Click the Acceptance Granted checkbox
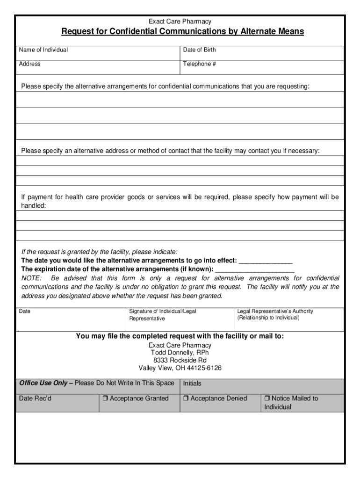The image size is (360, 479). pos(105,399)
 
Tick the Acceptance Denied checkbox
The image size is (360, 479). pos(186,399)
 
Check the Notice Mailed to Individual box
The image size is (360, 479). pos(267,399)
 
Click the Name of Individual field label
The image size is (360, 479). pos(43,50)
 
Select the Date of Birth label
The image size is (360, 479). pos(200,50)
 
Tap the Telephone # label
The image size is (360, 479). pos(200,64)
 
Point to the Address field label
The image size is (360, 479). pos(29,64)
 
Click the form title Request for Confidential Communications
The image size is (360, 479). pos(182,32)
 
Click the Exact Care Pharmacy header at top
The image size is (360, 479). pos(180,22)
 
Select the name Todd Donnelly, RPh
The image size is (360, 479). pos(180,353)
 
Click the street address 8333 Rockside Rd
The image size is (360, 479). pos(180,361)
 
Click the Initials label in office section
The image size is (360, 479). pos(192,384)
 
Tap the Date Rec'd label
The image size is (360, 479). pos(35,399)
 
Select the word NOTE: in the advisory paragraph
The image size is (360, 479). pos(31,278)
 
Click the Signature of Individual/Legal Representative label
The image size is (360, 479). pos(163,315)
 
